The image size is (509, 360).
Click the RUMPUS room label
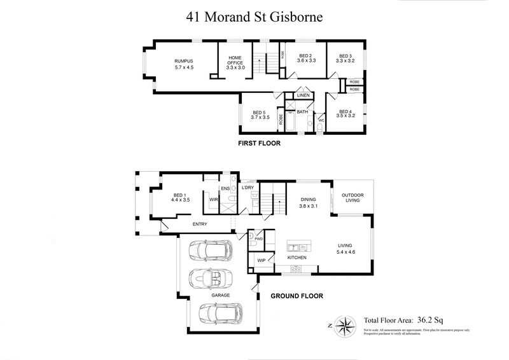click(x=183, y=61)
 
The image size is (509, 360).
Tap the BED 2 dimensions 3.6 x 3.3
click(x=307, y=62)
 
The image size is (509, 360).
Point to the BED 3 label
click(x=345, y=55)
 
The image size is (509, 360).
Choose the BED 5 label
click(x=260, y=113)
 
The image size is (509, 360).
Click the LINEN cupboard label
click(x=303, y=95)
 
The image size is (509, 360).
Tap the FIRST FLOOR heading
click(x=258, y=144)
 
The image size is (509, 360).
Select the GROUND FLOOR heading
click(x=297, y=296)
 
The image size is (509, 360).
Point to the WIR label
click(x=214, y=200)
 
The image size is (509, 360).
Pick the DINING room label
click(x=309, y=199)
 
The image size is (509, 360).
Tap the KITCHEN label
click(x=296, y=258)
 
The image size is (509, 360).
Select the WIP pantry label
click(x=261, y=261)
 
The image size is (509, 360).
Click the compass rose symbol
click(x=344, y=326)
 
